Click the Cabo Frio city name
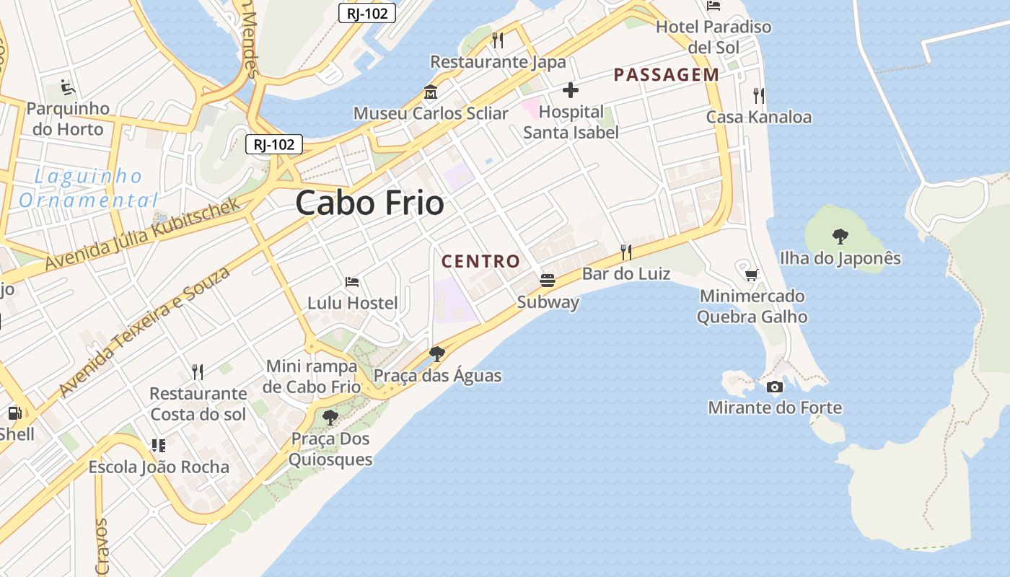coord(369,203)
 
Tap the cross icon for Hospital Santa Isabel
coord(571,90)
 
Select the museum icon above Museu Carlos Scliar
coord(431,92)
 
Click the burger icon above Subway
coord(548,280)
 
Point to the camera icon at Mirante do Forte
coord(775,387)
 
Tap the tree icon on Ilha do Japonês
coord(840,236)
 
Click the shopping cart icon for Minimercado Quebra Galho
coord(751,274)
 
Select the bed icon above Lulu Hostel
coord(352,281)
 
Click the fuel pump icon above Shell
coord(14,413)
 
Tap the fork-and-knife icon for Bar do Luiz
coord(626,252)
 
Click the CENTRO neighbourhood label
coord(480,261)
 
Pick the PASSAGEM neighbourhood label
coord(666,74)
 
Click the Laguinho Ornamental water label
coord(88,188)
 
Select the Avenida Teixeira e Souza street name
coord(145,331)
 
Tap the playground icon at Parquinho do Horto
coord(68,88)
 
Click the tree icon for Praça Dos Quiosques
coord(330,417)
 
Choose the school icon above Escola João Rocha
coord(159,445)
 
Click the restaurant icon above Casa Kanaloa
coord(758,95)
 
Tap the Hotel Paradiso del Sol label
coord(713,37)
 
